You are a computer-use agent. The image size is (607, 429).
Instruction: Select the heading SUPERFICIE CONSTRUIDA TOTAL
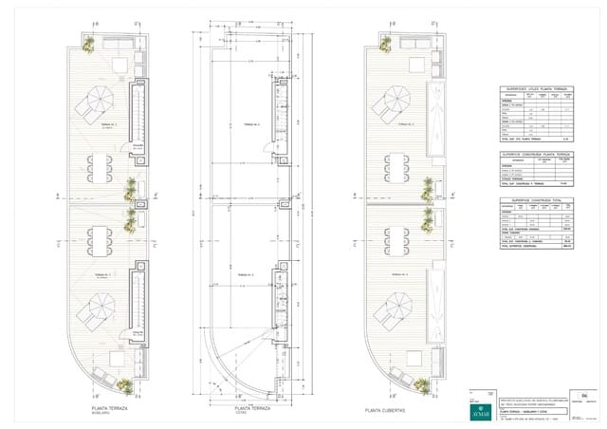click(x=537, y=201)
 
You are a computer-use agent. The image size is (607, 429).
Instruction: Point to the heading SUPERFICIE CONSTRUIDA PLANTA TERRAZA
click(x=537, y=153)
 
